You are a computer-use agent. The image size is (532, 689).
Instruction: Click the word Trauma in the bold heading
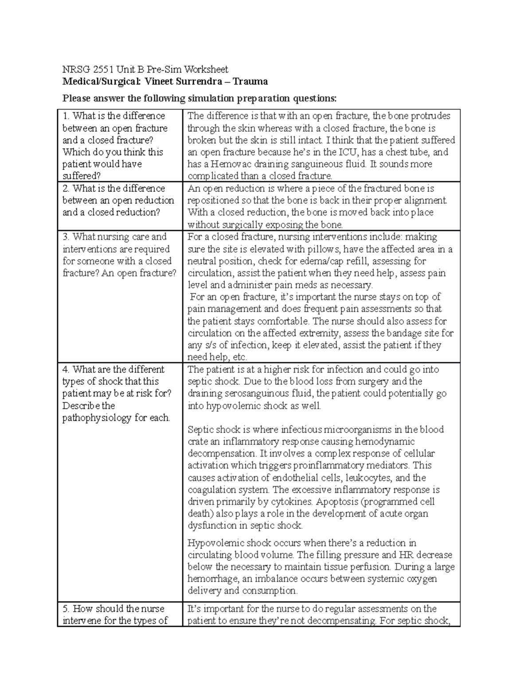tap(251, 82)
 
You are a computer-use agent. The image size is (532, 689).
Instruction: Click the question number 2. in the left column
tap(66, 189)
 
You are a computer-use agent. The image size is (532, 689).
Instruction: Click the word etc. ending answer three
tap(239, 357)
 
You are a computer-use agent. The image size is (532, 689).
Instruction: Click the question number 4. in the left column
tap(66, 370)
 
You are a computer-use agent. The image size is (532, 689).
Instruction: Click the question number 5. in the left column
tap(66, 609)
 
